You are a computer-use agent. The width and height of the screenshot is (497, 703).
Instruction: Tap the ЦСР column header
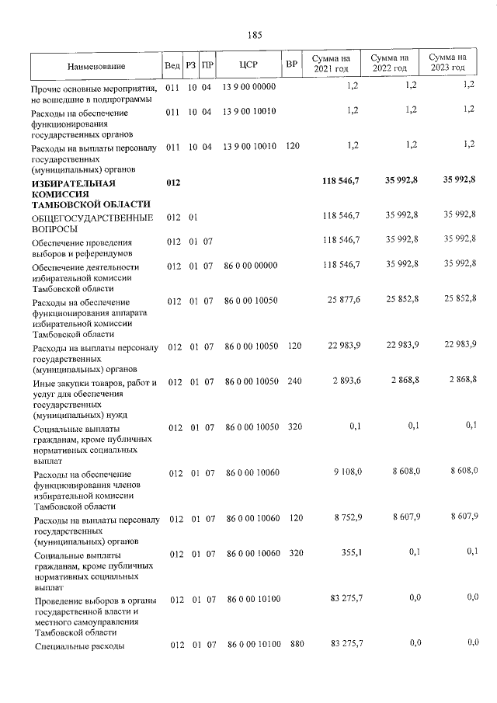point(248,64)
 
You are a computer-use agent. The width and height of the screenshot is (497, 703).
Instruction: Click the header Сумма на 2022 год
point(390,64)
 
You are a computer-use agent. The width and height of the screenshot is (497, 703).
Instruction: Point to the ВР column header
point(291,64)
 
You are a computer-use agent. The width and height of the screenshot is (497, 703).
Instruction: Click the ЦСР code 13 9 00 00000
point(248,86)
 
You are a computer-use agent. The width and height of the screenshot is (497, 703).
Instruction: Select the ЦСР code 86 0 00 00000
point(250,266)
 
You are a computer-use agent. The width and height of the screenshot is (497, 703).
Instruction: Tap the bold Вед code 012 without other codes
point(173,183)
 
